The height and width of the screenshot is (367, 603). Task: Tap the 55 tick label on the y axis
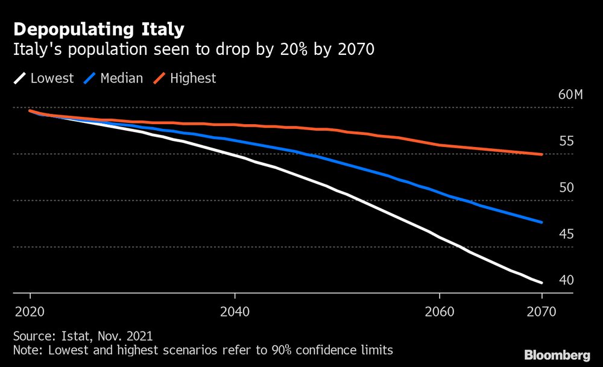(566, 142)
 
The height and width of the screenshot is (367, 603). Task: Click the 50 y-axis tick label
(566, 188)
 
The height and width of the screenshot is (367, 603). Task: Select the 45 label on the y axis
(566, 234)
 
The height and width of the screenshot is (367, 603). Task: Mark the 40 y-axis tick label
(566, 281)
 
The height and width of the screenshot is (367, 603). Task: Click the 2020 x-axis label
(30, 313)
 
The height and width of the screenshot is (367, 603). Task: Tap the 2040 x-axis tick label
(235, 313)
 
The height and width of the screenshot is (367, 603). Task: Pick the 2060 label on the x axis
(440, 313)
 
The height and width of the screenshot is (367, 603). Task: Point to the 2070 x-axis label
(541, 313)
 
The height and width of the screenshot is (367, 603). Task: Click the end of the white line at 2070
(541, 283)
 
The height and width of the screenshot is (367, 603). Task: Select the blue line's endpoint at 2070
(541, 222)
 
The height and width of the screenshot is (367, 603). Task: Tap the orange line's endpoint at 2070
(541, 154)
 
